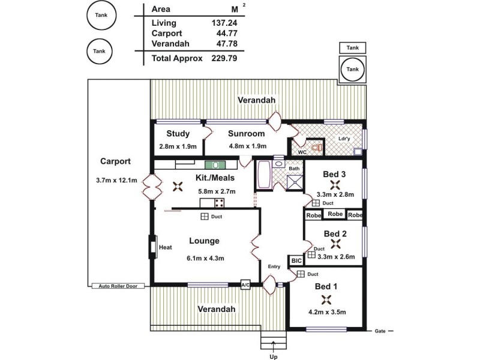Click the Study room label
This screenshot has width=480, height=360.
(x=178, y=134)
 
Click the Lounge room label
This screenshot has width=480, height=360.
(x=204, y=241)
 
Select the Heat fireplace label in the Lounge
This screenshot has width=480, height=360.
(x=166, y=247)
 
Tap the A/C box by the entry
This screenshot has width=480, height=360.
(x=245, y=285)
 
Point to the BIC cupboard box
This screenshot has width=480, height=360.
(x=296, y=261)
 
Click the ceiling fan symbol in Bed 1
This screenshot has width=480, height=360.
(x=326, y=299)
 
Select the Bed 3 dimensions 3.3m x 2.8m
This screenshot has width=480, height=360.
(x=335, y=194)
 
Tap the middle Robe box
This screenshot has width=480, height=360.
(x=335, y=214)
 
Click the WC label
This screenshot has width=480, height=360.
(x=302, y=152)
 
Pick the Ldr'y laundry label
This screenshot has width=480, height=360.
(x=344, y=139)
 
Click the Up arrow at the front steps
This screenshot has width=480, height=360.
(x=274, y=346)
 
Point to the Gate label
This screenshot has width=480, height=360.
(x=380, y=331)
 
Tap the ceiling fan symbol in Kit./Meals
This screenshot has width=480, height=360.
(x=178, y=187)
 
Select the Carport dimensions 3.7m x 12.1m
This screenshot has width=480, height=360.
(x=116, y=180)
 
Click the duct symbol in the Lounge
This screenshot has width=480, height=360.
(x=205, y=217)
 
